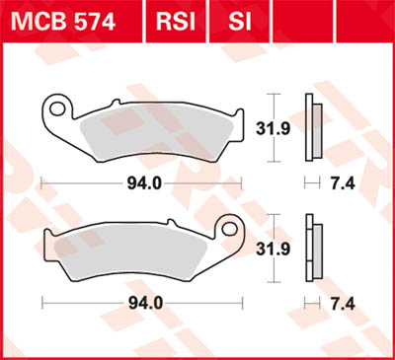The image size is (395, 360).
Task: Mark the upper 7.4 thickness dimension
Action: [x=339, y=182]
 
